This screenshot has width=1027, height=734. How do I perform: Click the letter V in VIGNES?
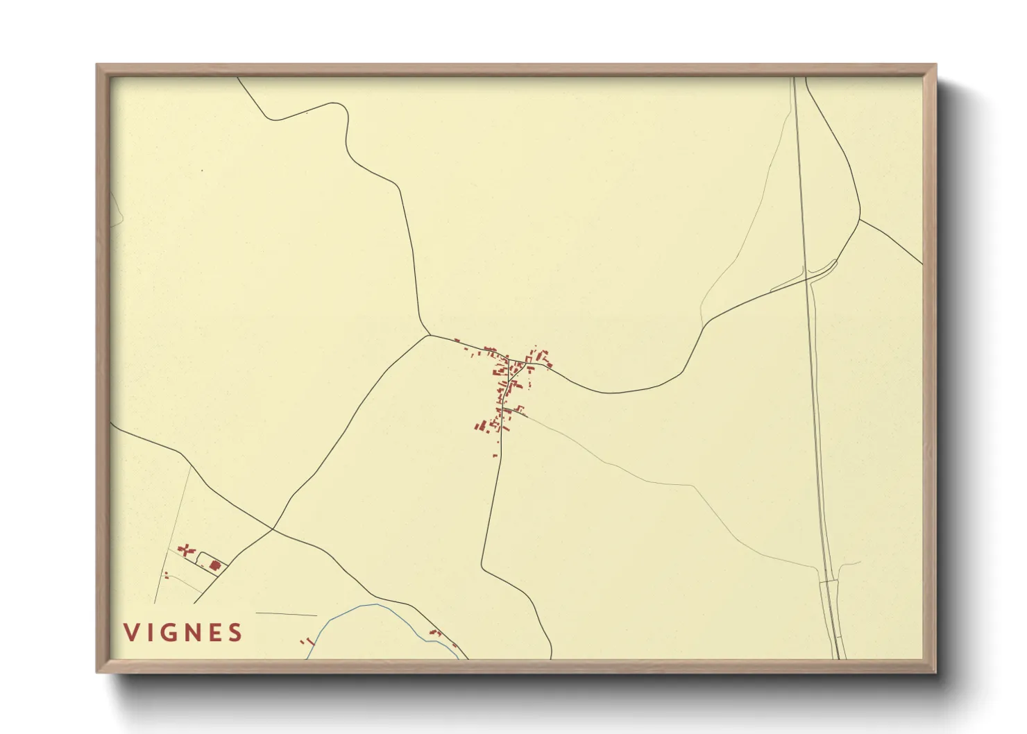click(x=130, y=633)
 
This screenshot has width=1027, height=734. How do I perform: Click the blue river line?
click(x=361, y=606)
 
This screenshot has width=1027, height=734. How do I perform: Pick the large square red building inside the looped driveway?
click(x=214, y=565)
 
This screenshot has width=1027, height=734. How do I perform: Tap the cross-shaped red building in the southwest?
click(x=185, y=551)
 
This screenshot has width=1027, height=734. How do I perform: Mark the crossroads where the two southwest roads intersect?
click(x=273, y=529)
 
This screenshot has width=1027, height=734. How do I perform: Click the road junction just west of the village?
click(x=430, y=335)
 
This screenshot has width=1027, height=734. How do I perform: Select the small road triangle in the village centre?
click(x=513, y=368)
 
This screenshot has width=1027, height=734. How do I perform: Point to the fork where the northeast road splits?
click(x=860, y=220)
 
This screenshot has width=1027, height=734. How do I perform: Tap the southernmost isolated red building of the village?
click(x=495, y=455)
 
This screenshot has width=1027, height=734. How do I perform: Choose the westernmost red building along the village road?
click(x=457, y=339)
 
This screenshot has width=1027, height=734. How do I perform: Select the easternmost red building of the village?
click(x=549, y=366)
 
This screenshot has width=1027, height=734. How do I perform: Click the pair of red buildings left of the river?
click(x=306, y=642)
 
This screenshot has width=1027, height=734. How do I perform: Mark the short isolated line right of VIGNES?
click(x=286, y=614)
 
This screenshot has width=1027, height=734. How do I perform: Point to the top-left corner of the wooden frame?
click(x=98, y=65)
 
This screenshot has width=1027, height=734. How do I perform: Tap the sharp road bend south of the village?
click(x=483, y=569)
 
